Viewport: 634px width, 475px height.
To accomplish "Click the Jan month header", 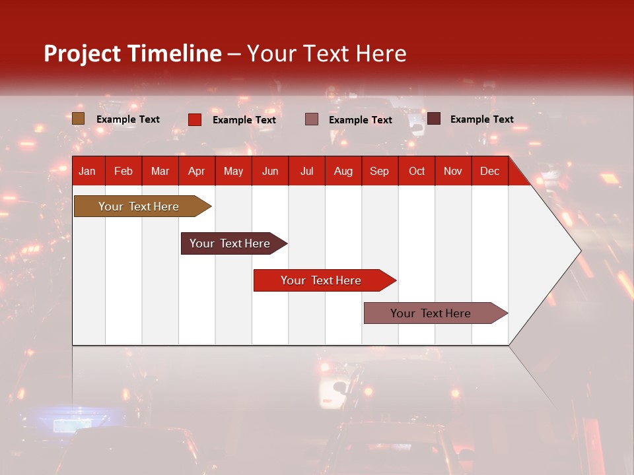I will (x=87, y=172).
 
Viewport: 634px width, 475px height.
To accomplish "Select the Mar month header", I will (x=160, y=172).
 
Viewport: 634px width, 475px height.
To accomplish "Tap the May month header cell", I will (x=233, y=172).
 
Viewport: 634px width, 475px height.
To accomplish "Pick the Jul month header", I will (x=306, y=172).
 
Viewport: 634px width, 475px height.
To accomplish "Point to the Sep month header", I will (x=379, y=172).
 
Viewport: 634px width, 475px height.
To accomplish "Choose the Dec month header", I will (x=489, y=172).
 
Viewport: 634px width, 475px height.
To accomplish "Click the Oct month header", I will (x=417, y=172).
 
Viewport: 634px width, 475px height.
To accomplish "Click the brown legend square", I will (x=79, y=119).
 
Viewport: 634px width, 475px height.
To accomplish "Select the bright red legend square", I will (x=195, y=119).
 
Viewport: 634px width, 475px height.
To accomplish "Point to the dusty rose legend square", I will (x=312, y=119).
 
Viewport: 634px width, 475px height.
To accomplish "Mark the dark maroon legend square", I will (x=434, y=119).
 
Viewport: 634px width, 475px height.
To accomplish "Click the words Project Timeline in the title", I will (x=133, y=53).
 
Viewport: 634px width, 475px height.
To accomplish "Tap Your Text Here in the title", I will (x=326, y=53).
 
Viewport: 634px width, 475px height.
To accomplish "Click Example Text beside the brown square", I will (x=128, y=119).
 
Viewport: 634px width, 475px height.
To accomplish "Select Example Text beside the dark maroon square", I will (x=482, y=119).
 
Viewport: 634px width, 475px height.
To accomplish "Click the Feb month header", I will (x=123, y=172).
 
